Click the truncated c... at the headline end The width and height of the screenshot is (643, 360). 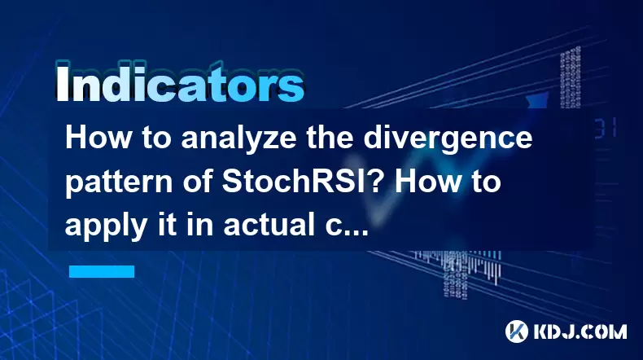(347, 227)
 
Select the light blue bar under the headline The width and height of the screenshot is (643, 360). (102, 271)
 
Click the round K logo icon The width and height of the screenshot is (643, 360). (516, 331)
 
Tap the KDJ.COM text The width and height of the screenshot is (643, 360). (580, 331)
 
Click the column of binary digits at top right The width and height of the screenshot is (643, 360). (571, 77)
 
